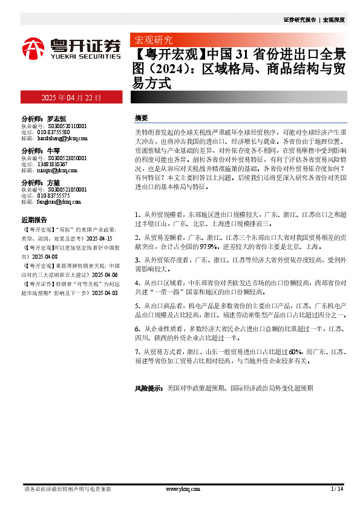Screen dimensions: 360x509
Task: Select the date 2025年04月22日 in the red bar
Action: click(71, 97)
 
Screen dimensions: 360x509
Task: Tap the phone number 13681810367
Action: click(54, 164)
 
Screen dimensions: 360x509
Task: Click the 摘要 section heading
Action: click(141, 118)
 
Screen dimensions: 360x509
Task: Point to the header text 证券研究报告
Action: click(299, 19)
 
